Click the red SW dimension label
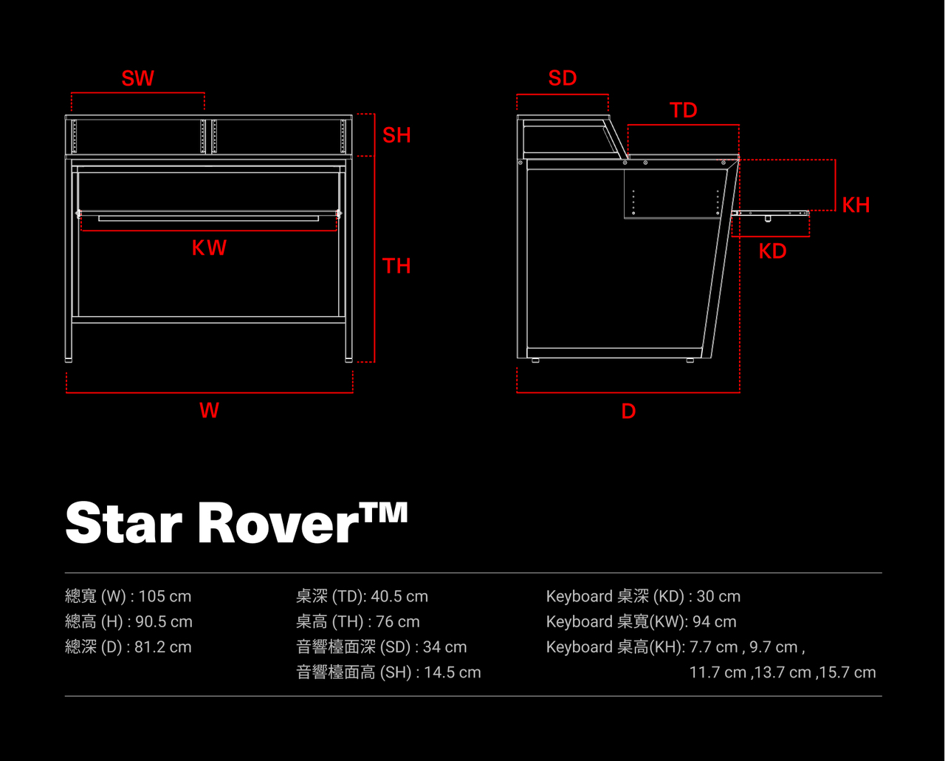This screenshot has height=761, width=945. point(138,78)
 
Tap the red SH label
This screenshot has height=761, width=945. point(396,135)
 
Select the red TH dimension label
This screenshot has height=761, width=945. point(396,265)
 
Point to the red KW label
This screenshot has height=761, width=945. point(209,248)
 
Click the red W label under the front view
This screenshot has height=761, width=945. point(209,410)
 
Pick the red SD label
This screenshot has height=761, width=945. point(562,78)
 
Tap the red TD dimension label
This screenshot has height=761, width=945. point(684,110)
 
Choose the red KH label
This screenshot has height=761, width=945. point(856,205)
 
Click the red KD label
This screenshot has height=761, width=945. point(772,251)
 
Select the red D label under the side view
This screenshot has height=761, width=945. point(628,411)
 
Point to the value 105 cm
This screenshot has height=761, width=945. point(165,596)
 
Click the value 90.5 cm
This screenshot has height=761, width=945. point(164,621)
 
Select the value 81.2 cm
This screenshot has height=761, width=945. point(162,646)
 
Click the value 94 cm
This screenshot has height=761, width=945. point(715,621)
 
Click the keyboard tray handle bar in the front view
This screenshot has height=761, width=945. point(209,218)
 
